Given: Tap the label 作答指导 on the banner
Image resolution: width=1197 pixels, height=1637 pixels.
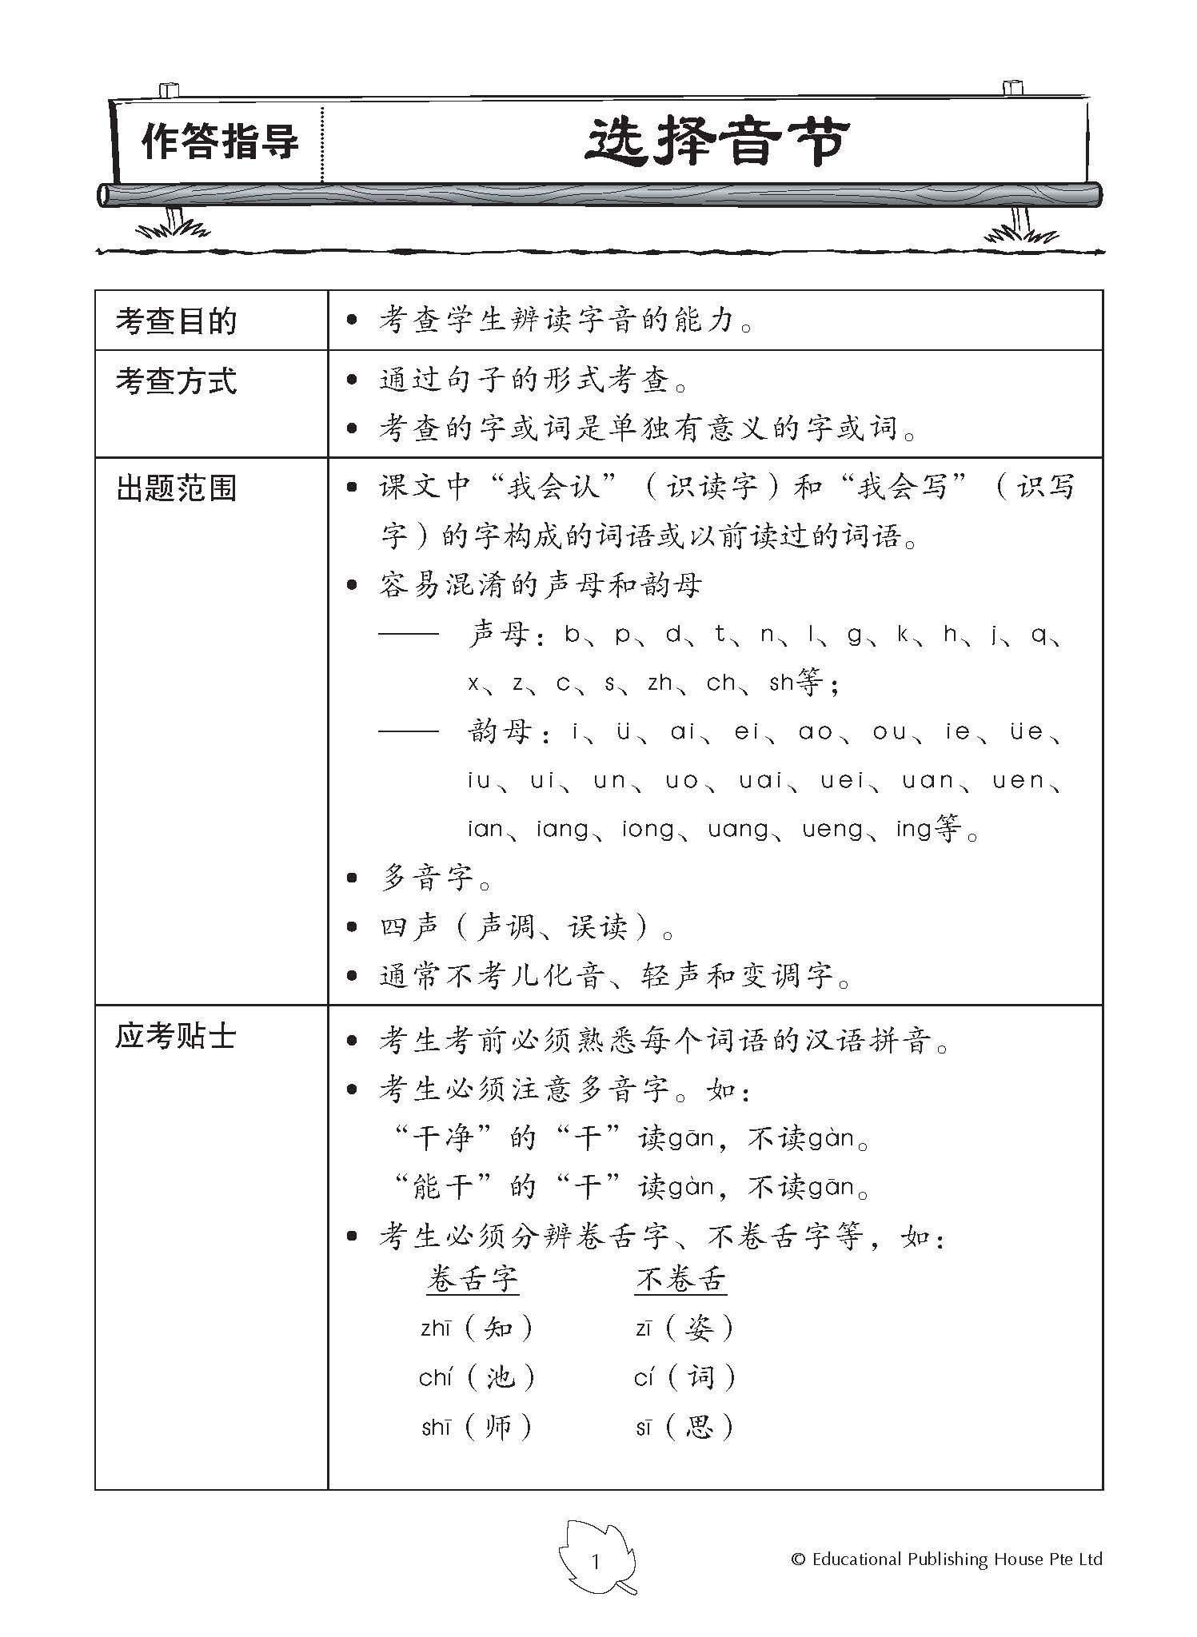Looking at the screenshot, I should click(219, 143).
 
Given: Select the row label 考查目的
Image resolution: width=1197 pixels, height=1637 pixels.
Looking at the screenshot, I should click(177, 321).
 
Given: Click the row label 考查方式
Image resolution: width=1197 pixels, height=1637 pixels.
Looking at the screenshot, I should click(177, 381).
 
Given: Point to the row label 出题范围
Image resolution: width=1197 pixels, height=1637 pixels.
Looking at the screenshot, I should click(177, 488).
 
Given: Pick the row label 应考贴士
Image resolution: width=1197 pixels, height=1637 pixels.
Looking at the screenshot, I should click(177, 1037).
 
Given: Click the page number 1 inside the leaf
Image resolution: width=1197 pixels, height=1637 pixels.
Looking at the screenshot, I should click(595, 1561).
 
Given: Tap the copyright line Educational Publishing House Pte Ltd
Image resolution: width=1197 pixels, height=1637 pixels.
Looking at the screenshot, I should click(947, 1559).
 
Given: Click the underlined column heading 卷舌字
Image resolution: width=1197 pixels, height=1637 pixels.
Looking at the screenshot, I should click(473, 1280).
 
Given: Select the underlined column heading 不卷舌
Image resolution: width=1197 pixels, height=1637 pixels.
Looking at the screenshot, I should click(680, 1280).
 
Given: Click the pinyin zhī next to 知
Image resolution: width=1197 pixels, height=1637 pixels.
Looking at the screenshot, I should click(437, 1329).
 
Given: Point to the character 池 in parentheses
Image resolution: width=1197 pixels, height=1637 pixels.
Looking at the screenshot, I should click(499, 1378).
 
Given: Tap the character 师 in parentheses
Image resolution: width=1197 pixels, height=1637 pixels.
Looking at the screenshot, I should click(498, 1428).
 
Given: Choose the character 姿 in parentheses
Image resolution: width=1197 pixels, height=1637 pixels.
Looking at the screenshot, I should click(700, 1329).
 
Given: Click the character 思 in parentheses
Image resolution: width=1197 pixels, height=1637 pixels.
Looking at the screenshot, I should click(700, 1428).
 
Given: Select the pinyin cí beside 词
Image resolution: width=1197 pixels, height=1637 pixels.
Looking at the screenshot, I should click(644, 1378).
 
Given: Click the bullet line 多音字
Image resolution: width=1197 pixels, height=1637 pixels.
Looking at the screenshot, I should click(427, 878).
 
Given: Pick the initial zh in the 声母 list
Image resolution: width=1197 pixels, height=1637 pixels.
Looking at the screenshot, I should click(660, 683).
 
